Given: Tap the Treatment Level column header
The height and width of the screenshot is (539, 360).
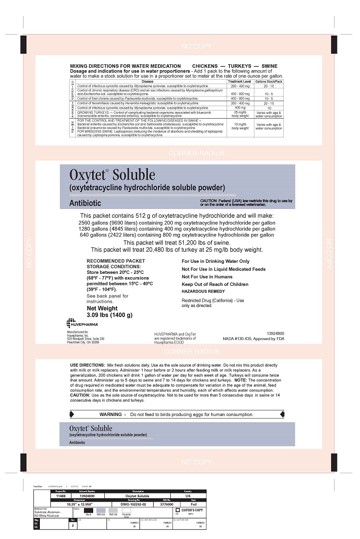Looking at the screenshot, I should click(x=240, y=82).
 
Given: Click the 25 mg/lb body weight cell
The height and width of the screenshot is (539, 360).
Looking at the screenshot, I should click(x=240, y=114).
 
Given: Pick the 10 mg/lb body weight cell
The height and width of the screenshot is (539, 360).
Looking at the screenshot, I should click(x=240, y=126).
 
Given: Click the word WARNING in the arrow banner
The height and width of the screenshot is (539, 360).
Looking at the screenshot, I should click(x=110, y=414).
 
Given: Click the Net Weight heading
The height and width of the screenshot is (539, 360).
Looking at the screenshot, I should click(x=102, y=308).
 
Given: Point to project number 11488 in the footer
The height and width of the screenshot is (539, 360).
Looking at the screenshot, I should click(x=60, y=496).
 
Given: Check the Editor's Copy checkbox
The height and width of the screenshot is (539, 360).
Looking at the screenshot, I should click(x=178, y=510).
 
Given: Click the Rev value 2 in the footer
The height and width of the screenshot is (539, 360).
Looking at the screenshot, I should click(x=72, y=526).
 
